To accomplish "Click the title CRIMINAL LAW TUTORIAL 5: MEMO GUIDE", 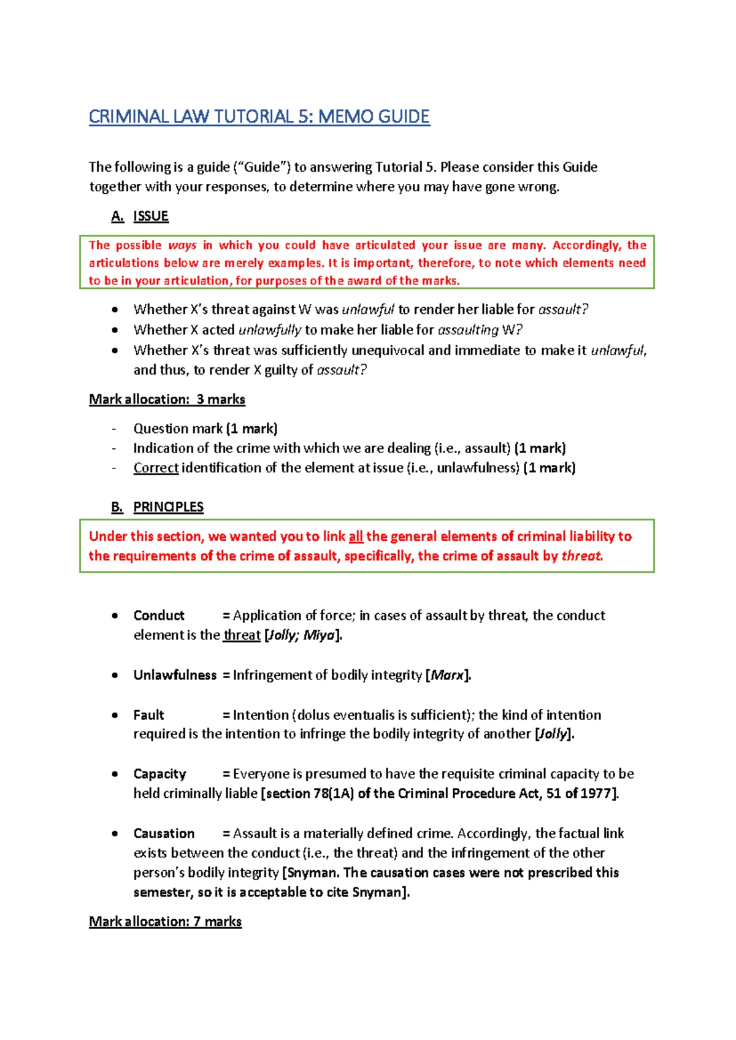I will [x=259, y=117].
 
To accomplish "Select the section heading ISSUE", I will [x=150, y=216].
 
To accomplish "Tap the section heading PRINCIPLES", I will [x=168, y=507].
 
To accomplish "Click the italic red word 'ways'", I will [x=182, y=245].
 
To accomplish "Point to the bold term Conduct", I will [x=159, y=615].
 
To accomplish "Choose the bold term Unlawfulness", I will [x=175, y=675].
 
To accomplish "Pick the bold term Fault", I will [x=148, y=715].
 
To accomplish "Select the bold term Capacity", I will [x=159, y=774].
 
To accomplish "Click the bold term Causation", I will [x=164, y=833].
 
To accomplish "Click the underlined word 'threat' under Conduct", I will [x=242, y=635].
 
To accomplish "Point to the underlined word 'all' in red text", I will [x=356, y=537].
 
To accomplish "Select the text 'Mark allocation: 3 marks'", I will [x=167, y=399].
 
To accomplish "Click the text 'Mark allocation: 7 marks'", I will [x=165, y=922].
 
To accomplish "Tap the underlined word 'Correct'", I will [x=156, y=468].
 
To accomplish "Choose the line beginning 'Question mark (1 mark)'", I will [x=205, y=429].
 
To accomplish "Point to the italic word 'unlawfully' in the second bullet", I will [x=269, y=330].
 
